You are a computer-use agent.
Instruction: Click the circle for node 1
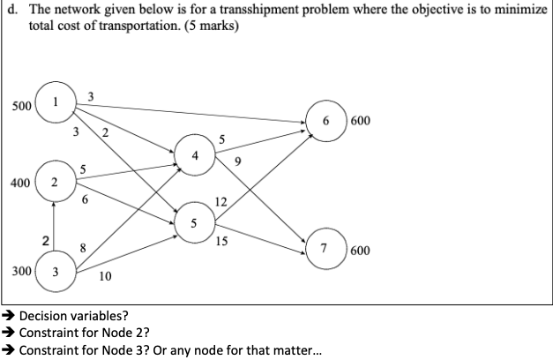[x=55, y=101]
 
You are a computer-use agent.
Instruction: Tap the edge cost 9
[x=238, y=161]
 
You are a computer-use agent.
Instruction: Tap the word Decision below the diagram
[x=45, y=316]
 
